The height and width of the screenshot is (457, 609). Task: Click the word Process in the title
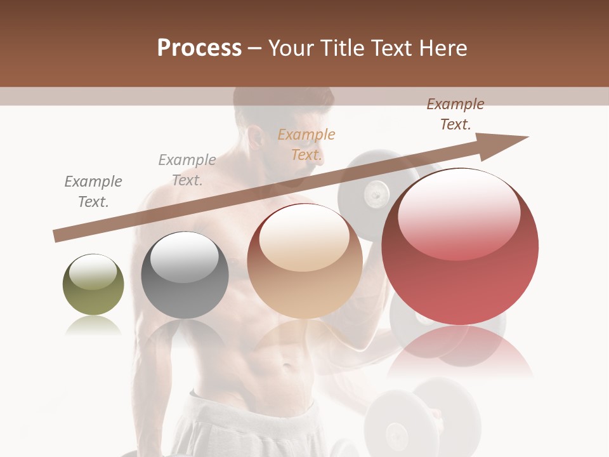199,48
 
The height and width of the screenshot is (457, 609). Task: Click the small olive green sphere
93,285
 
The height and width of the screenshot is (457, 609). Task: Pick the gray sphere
185,275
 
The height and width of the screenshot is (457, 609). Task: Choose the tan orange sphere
304,261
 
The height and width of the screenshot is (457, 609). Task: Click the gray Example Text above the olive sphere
93,192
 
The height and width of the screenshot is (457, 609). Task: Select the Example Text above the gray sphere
187,170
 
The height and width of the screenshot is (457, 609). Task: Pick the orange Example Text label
306,145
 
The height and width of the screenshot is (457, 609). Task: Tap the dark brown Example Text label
455,114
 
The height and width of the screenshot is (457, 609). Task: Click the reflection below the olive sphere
93,326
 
